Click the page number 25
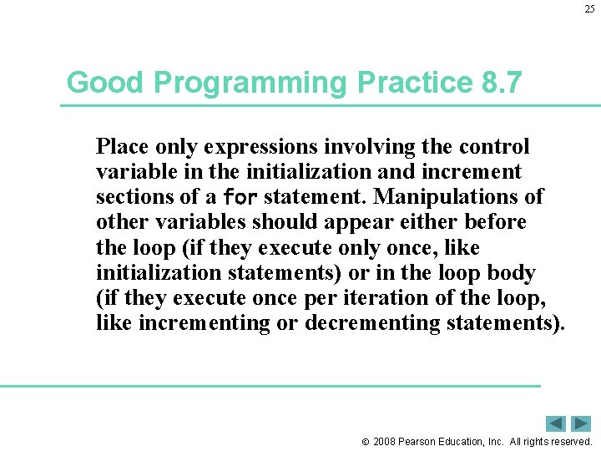click(589, 9)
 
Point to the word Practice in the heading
click(402, 83)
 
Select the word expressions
click(270, 147)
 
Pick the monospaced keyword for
click(241, 198)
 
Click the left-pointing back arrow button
click(556, 423)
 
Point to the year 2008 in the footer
click(385, 441)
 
